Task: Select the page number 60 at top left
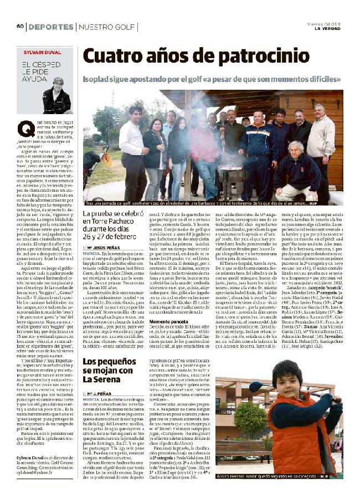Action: click(20, 27)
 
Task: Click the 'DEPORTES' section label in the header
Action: click(50, 27)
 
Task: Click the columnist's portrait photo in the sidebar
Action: click(55, 94)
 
